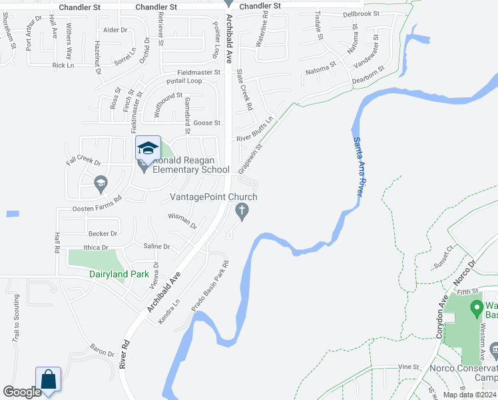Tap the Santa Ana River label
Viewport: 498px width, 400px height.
click(358, 165)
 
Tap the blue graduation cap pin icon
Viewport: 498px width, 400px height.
click(148, 148)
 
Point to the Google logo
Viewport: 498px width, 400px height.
click(21, 393)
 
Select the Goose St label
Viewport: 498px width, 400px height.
click(206, 123)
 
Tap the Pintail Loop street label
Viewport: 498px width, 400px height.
click(184, 81)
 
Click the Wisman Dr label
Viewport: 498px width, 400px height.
click(182, 221)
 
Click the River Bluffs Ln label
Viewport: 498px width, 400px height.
click(256, 130)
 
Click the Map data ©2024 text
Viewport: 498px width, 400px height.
click(469, 395)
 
